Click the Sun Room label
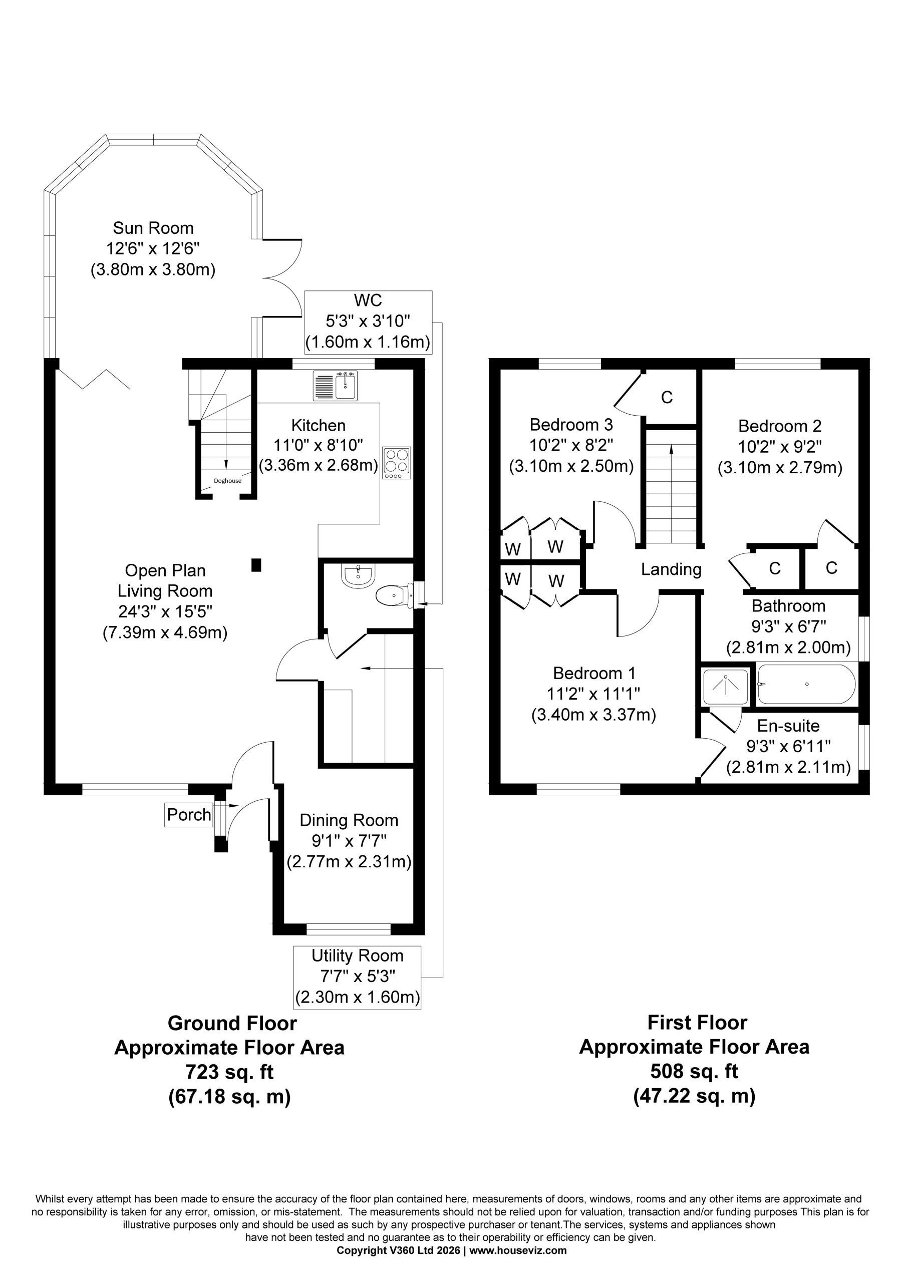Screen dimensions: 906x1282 click(153, 228)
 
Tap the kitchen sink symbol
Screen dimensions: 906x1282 click(335, 386)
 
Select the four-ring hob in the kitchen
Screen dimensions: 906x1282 click(397, 463)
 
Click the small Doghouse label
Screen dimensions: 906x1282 click(227, 481)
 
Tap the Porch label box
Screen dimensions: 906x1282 click(189, 815)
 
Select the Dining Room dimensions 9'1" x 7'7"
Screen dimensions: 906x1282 click(349, 841)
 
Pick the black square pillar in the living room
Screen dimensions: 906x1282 click(256, 565)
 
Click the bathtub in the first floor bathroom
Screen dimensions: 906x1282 click(805, 684)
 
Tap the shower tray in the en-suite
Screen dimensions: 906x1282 click(726, 686)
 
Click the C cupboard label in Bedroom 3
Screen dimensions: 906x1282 click(667, 397)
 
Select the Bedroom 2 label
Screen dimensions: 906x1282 click(780, 426)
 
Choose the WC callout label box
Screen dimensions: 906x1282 click(369, 322)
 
